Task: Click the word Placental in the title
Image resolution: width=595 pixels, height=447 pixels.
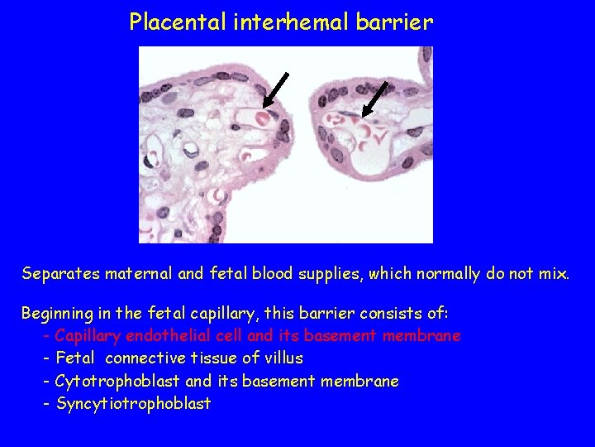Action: pyautogui.click(x=167, y=22)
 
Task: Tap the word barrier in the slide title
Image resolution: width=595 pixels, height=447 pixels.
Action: pyautogui.click(x=394, y=22)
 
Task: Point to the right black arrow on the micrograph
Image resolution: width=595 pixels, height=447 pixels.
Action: pyautogui.click(x=375, y=98)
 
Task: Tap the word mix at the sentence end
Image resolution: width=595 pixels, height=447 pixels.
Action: pyautogui.click(x=552, y=274)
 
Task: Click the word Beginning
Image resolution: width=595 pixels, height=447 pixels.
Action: pyautogui.click(x=57, y=315)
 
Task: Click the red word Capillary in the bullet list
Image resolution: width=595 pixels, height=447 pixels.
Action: pyautogui.click(x=87, y=337)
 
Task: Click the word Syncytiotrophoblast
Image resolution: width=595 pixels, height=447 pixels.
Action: pyautogui.click(x=133, y=404)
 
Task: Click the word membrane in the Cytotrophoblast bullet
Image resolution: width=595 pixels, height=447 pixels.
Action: pyautogui.click(x=360, y=382)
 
